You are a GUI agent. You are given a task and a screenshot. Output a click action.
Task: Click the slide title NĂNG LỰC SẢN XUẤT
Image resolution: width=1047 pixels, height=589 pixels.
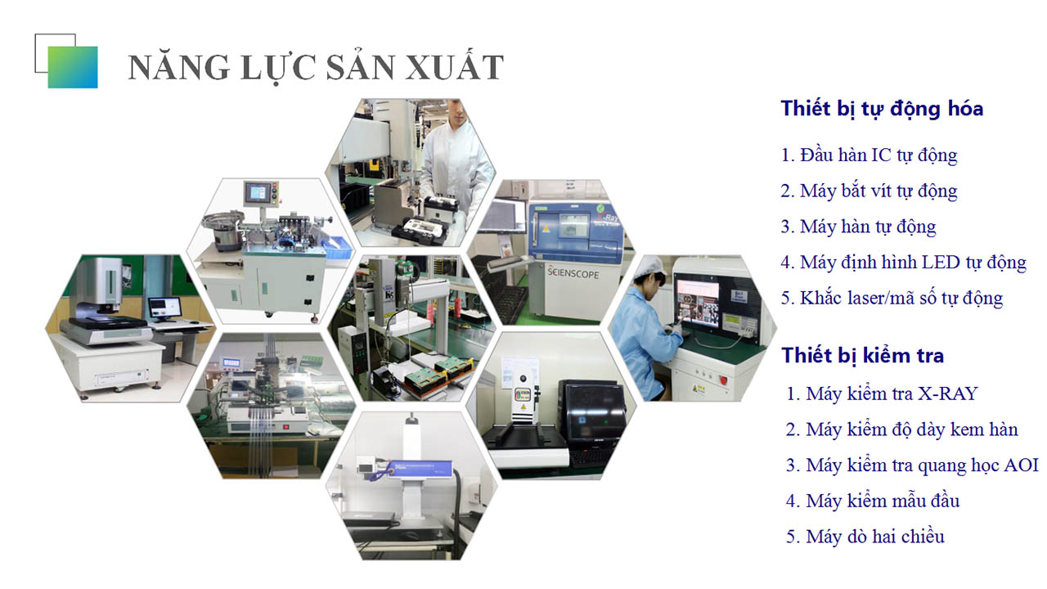(316, 68)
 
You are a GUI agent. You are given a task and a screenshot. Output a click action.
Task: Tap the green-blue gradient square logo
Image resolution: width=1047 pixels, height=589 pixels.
(73, 67)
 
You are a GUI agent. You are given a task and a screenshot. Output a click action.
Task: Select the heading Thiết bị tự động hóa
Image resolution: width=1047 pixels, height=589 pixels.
(882, 110)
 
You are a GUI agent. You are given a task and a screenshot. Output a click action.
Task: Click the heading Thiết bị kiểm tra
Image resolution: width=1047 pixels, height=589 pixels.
(863, 356)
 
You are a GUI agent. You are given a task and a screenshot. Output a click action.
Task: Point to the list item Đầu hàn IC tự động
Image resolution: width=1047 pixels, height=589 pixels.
(869, 155)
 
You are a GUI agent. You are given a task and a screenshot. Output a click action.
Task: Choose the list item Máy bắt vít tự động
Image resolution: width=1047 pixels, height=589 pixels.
(869, 191)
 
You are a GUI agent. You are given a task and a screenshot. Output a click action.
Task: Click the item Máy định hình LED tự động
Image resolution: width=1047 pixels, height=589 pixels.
(904, 263)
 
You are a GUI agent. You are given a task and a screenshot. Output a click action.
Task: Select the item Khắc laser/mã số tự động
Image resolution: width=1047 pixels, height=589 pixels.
(892, 299)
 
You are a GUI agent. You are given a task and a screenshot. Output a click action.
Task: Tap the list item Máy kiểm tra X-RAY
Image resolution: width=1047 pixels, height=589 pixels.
(882, 393)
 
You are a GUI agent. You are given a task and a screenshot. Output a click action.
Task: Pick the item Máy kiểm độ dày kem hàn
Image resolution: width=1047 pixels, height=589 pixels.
(902, 429)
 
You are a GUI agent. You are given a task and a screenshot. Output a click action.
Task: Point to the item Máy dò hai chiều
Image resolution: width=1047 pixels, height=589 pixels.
(865, 537)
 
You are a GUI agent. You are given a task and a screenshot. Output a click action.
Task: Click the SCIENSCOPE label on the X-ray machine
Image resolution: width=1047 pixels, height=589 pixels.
(573, 272)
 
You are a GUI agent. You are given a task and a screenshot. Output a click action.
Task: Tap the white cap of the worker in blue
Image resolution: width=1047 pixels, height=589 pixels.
(653, 266)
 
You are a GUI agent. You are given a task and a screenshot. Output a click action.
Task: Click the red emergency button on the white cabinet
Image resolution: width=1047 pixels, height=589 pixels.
(723, 380)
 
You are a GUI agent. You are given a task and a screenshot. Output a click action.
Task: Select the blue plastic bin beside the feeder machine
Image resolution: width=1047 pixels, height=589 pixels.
(338, 247)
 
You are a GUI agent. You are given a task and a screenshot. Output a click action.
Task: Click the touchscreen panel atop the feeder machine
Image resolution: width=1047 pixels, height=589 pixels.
(258, 192)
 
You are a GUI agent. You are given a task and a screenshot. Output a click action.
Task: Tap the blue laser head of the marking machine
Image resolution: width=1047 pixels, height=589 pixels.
(411, 468)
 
